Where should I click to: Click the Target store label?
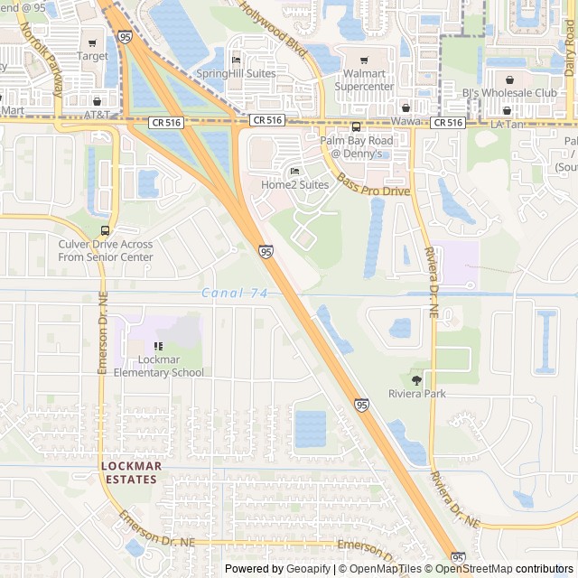click(x=92, y=56)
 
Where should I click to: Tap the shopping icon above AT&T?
click(x=97, y=101)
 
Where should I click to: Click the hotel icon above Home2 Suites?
click(x=294, y=171)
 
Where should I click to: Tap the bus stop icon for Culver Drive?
click(x=106, y=230)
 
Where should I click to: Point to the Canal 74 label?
click(x=235, y=293)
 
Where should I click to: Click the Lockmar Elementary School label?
click(x=159, y=366)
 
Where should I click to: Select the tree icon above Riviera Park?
click(x=416, y=380)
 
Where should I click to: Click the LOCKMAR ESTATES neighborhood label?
click(x=132, y=472)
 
